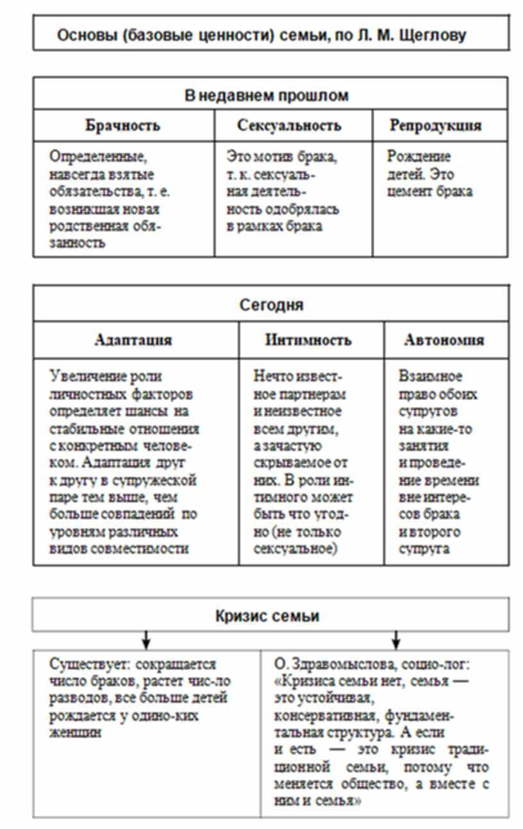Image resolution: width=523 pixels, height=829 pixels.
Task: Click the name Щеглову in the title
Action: pyautogui.click(x=433, y=35)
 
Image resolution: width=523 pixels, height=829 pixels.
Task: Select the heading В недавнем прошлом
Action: pyautogui.click(x=267, y=96)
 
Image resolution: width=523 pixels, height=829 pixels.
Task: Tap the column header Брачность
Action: pyautogui.click(x=122, y=125)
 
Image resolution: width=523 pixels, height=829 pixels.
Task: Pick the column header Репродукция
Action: pyautogui.click(x=435, y=125)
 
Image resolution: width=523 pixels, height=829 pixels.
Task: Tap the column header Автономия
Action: pyautogui.click(x=444, y=340)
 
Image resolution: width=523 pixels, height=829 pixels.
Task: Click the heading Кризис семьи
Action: pyautogui.click(x=267, y=617)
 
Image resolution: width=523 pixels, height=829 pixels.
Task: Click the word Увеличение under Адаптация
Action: pyautogui.click(x=83, y=376)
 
